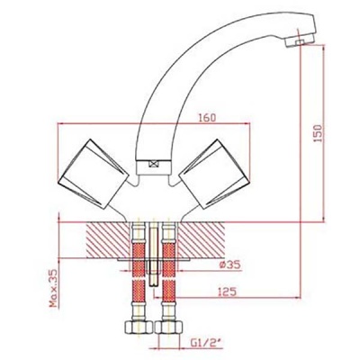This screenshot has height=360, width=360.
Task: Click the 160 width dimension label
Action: [207, 117]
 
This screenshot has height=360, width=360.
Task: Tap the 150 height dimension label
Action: [319, 133]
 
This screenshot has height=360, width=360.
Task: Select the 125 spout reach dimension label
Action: [227, 292]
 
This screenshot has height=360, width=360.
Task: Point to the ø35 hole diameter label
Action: [230, 265]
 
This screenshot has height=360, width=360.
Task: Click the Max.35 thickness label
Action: [53, 288]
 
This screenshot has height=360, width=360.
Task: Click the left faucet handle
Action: [94, 174]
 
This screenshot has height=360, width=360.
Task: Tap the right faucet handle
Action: [214, 174]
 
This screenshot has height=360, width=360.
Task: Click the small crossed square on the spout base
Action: [153, 164]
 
